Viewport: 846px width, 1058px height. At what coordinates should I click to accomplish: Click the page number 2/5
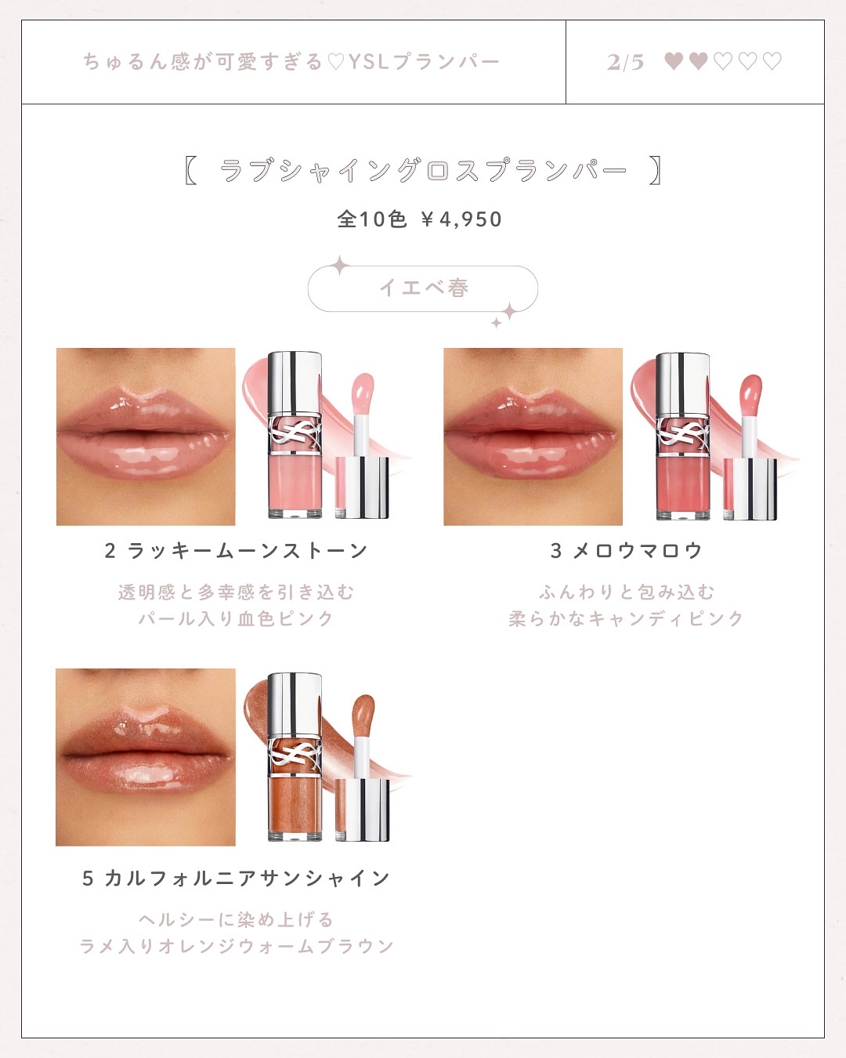(625, 62)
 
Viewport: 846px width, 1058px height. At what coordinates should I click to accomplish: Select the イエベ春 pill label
(423, 288)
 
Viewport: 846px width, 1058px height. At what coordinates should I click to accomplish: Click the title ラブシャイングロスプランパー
(423, 170)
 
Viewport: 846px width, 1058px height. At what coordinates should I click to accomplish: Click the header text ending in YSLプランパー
(291, 62)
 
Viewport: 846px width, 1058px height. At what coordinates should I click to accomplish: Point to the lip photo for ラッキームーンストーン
(146, 437)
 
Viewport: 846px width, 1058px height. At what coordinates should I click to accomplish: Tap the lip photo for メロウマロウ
(533, 437)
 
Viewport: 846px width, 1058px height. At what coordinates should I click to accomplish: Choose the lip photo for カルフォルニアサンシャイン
(146, 757)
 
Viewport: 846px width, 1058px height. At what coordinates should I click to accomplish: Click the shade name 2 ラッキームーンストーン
(236, 551)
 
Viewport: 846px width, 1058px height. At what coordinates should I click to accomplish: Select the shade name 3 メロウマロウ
(626, 551)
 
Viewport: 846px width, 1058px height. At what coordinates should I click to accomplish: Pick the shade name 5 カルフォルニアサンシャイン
(236, 879)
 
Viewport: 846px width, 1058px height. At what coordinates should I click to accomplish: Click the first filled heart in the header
(674, 61)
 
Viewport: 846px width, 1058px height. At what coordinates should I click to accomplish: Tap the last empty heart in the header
(772, 61)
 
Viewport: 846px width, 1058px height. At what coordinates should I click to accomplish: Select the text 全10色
(372, 219)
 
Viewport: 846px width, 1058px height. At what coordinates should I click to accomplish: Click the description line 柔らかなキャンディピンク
(626, 619)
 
